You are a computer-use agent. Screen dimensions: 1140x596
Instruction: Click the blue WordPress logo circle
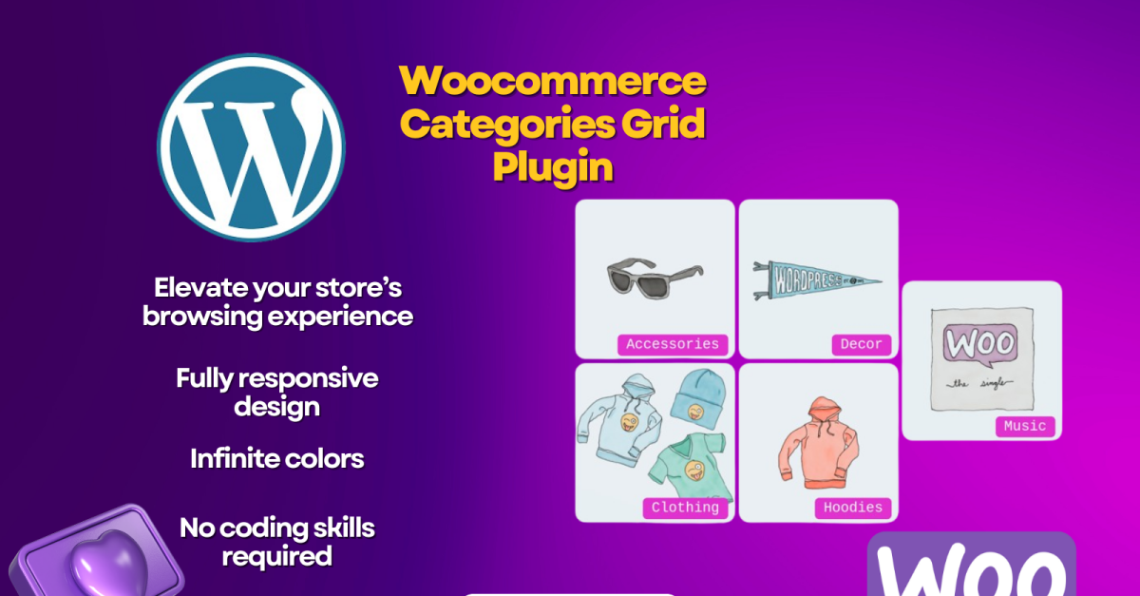(251, 147)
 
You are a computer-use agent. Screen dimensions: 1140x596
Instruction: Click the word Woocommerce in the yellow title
(553, 81)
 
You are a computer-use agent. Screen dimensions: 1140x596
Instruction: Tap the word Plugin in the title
(553, 166)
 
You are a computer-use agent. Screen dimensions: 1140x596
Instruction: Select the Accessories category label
(673, 344)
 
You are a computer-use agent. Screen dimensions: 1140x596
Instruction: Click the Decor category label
(861, 344)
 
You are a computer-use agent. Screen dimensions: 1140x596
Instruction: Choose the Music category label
(1025, 427)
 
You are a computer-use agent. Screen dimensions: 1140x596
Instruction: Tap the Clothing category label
(685, 508)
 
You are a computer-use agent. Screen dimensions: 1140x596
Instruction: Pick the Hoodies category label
(853, 508)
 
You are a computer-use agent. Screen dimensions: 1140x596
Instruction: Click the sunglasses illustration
(655, 278)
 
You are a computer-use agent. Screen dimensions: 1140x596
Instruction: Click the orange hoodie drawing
(818, 443)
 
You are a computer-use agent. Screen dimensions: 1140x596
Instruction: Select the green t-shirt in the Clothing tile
(688, 466)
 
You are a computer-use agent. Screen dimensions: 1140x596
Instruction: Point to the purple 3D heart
(108, 564)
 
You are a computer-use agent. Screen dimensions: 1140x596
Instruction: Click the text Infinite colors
(277, 458)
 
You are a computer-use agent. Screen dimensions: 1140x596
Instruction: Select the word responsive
(309, 379)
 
